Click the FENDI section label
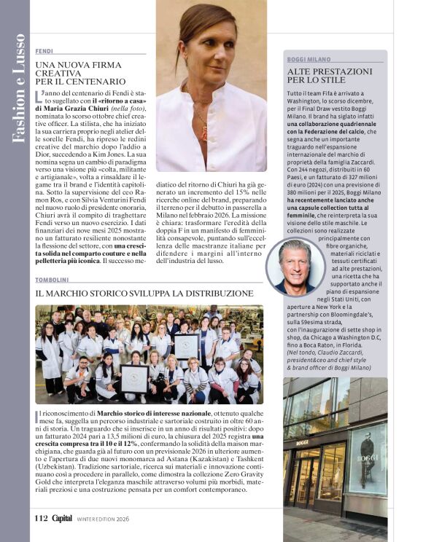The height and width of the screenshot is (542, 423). [x=44, y=51]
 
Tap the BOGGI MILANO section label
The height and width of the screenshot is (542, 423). [x=308, y=59]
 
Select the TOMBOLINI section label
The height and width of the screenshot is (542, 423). [x=53, y=280]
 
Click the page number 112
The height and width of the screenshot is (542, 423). [x=41, y=518]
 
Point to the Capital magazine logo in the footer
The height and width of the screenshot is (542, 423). [x=62, y=518]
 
